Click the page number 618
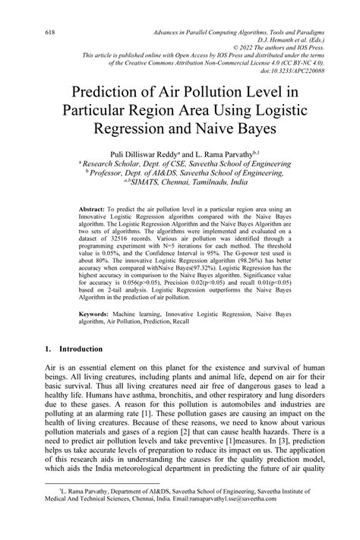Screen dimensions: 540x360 (30, 33)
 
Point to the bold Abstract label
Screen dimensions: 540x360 (92, 207)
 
